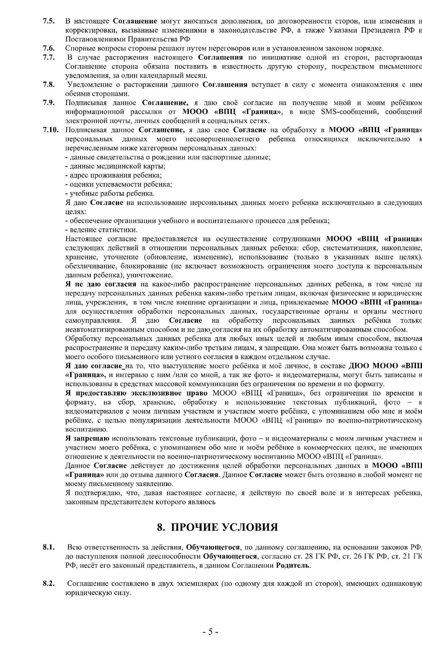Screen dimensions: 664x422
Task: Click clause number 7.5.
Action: [x=49, y=21]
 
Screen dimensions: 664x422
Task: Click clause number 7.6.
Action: [x=49, y=48]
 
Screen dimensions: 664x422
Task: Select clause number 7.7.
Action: [x=49, y=57]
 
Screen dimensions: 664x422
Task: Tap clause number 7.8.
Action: [x=49, y=84]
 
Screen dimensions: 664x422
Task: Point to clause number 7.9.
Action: [x=49, y=103]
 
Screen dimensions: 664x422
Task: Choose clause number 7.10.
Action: [x=50, y=130]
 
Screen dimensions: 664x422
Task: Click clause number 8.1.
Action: [x=49, y=547]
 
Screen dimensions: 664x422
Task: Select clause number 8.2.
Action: [x=49, y=583]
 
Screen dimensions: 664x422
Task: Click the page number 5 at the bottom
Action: [x=210, y=632]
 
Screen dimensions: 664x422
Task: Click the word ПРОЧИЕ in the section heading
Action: [x=194, y=527]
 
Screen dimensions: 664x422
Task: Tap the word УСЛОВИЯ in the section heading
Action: [x=250, y=527]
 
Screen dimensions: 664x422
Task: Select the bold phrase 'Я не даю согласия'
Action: [x=101, y=284]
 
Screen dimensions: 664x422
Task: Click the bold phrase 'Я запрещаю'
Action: [x=87, y=438]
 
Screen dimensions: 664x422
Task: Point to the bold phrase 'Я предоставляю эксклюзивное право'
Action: [x=136, y=393]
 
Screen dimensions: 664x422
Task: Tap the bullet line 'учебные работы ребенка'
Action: [x=110, y=193]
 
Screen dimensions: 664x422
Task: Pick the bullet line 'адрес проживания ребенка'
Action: [x=114, y=175]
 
